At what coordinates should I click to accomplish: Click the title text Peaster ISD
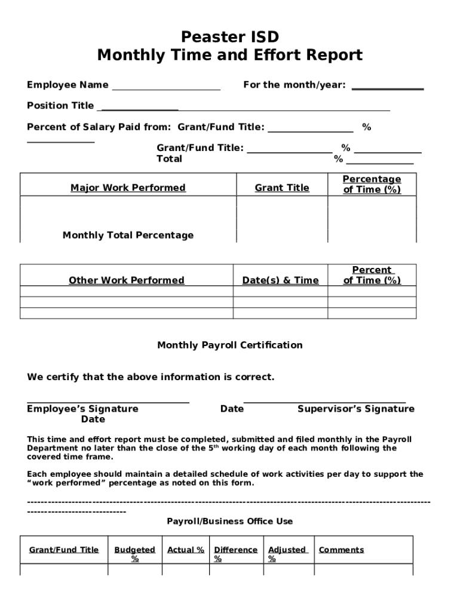[x=230, y=37]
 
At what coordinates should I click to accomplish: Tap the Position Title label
[x=60, y=106]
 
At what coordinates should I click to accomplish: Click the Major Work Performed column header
[x=128, y=188]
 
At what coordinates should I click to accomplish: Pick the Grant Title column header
[x=282, y=188]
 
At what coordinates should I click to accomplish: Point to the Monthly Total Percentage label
[x=128, y=235]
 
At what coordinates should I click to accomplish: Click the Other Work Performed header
[x=127, y=280]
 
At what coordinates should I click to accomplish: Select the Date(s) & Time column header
[x=280, y=280]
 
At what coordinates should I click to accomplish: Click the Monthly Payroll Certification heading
[x=230, y=345]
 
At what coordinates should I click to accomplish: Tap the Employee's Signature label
[x=82, y=409]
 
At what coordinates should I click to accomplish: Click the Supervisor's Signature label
[x=355, y=409]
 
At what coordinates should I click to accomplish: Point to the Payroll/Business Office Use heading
[x=230, y=521]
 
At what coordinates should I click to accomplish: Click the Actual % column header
[x=186, y=550]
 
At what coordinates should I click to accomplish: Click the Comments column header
[x=341, y=550]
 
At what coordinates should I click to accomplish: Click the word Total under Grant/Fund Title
[x=169, y=159]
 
